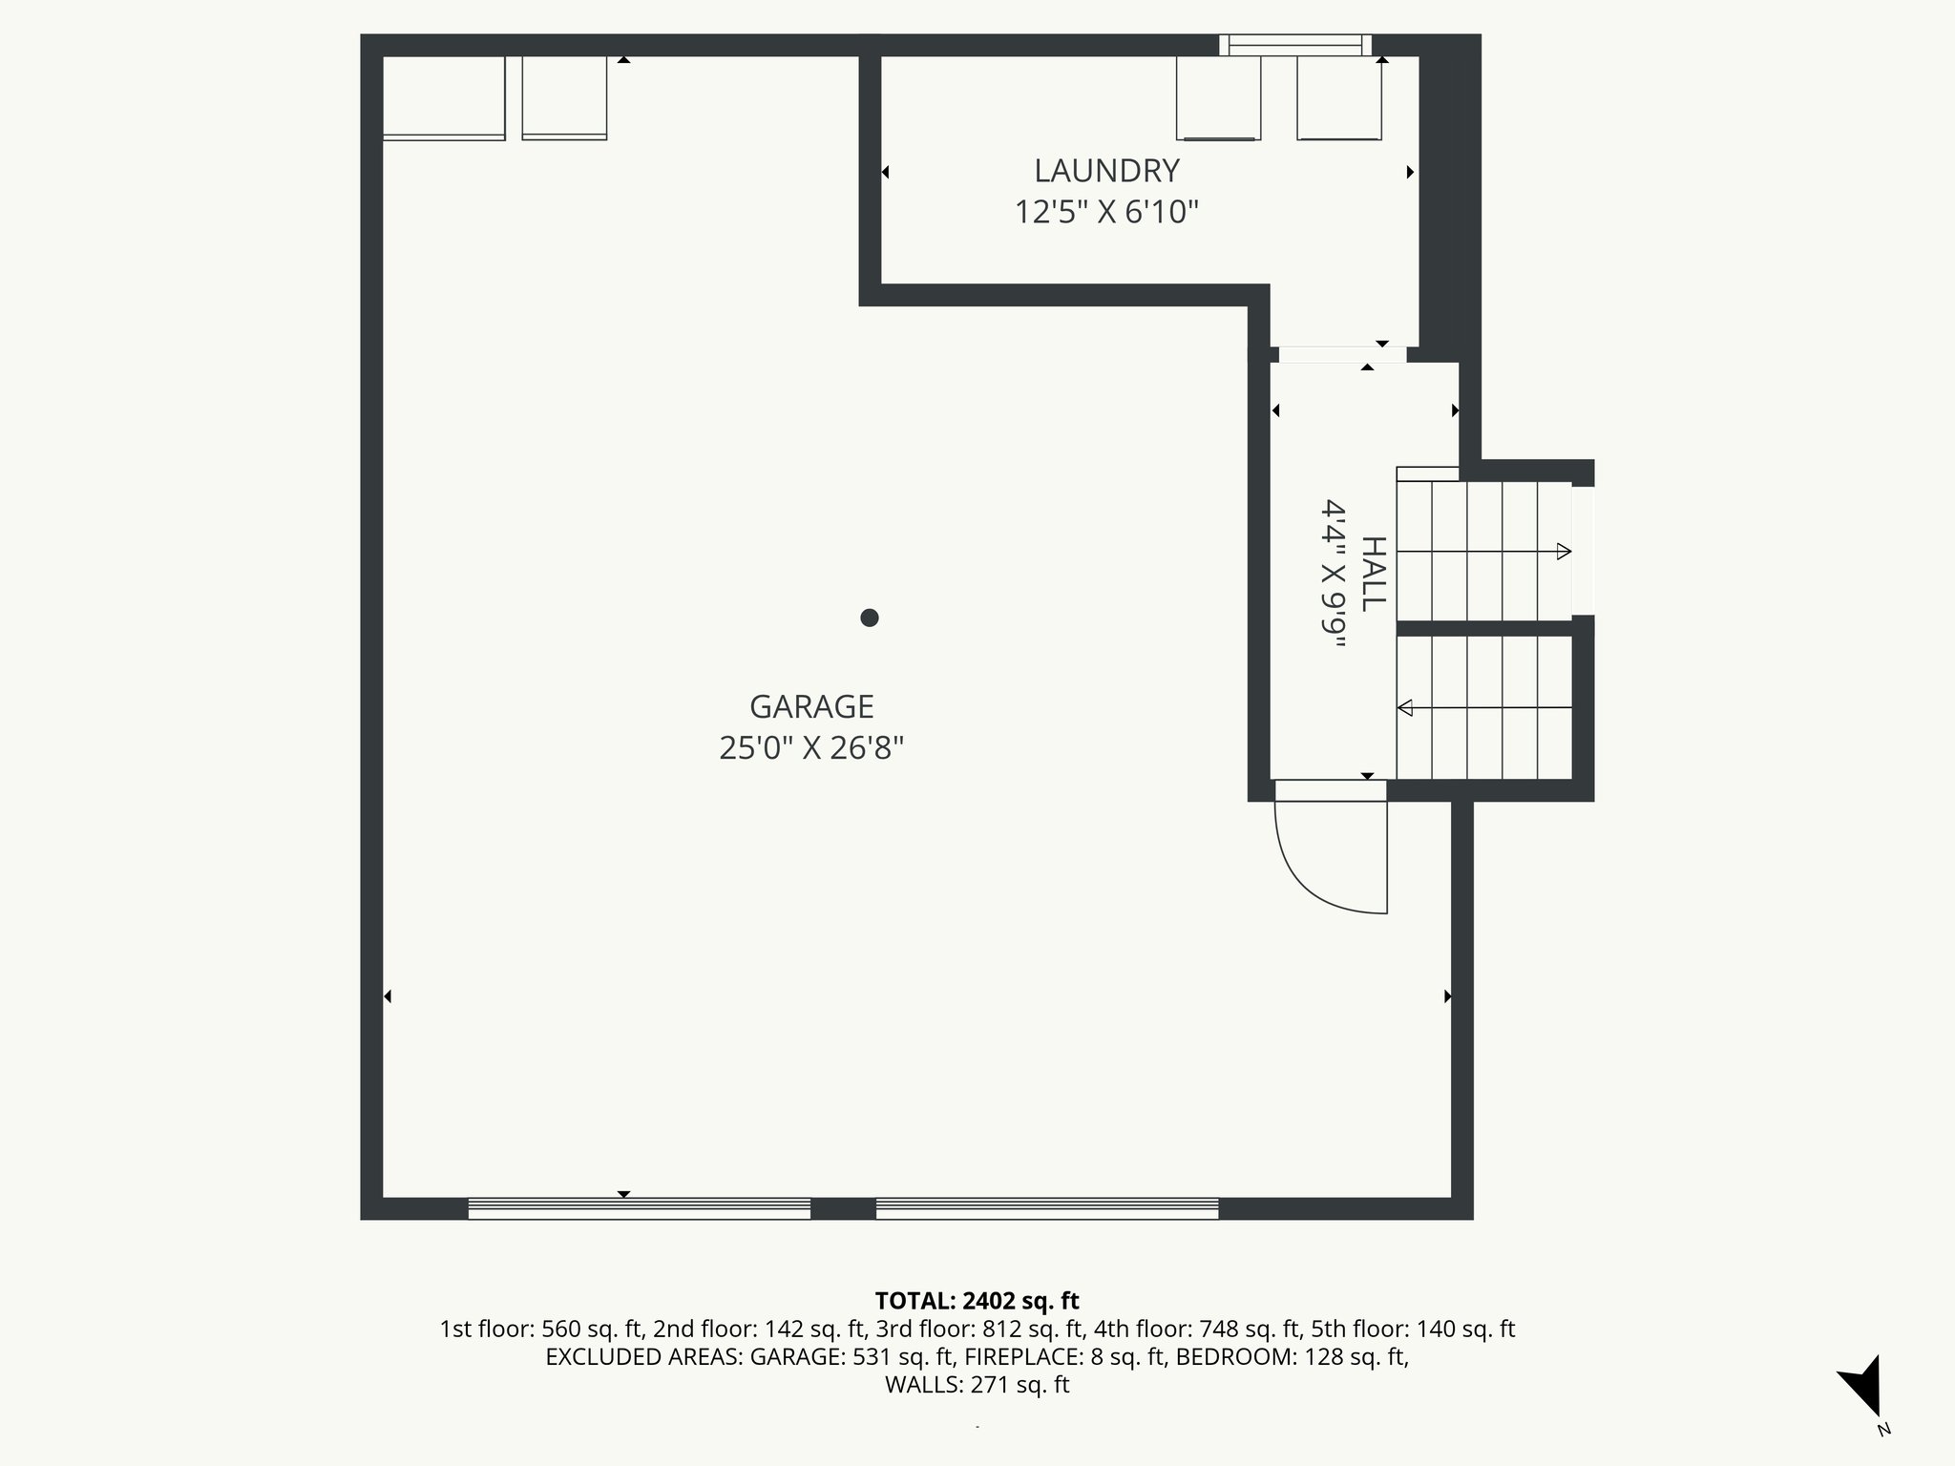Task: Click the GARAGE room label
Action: click(811, 707)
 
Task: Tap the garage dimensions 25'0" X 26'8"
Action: click(811, 748)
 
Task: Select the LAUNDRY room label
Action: click(1106, 171)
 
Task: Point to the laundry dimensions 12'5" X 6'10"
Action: click(1106, 212)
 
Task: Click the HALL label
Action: click(1372, 574)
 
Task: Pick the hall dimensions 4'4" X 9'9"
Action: click(1333, 574)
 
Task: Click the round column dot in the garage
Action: click(869, 618)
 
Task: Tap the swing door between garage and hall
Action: click(1332, 849)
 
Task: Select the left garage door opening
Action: click(639, 1208)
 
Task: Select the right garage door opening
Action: click(1047, 1208)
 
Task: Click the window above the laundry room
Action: click(1294, 44)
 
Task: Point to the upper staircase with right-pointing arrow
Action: click(1483, 552)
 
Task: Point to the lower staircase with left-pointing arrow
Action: click(1483, 708)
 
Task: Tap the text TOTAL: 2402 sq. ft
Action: click(977, 1300)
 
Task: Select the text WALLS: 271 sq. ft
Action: click(977, 1385)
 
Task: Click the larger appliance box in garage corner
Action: click(444, 97)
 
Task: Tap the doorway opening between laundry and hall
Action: click(1341, 354)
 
